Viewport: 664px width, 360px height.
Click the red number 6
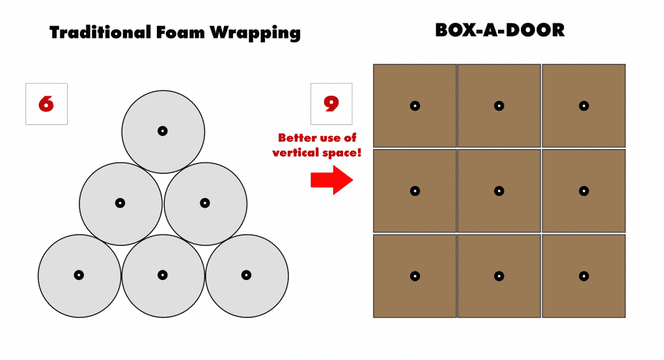(x=46, y=104)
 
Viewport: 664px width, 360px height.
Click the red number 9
(x=331, y=104)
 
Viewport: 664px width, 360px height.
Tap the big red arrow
(x=331, y=180)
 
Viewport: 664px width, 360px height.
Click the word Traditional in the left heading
(x=100, y=32)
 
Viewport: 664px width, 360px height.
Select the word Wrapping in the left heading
(x=255, y=33)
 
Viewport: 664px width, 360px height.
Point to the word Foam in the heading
(x=180, y=32)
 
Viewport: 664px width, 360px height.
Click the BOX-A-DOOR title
(x=500, y=30)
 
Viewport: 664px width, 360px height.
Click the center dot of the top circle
(x=163, y=131)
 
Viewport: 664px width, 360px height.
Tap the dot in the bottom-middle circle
(x=163, y=275)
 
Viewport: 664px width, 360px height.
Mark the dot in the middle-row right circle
(x=205, y=203)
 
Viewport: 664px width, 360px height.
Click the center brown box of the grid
(x=499, y=191)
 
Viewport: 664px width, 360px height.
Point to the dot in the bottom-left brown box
(x=415, y=276)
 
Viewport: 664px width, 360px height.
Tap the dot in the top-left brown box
(x=415, y=106)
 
